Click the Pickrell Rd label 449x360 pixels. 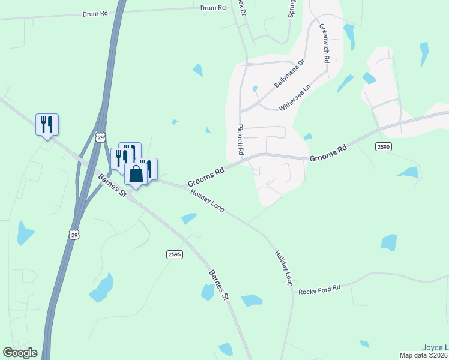tap(240, 140)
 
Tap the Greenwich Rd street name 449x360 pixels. tap(324, 44)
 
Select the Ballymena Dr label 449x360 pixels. tap(290, 74)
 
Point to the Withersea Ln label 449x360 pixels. tap(295, 97)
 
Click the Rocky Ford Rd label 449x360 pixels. tap(319, 289)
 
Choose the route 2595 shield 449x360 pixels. tap(174, 255)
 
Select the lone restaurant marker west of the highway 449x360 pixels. tap(47, 124)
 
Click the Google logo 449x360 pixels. tap(20, 353)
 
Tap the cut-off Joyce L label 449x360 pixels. tap(435, 347)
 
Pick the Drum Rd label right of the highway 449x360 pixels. tap(213, 8)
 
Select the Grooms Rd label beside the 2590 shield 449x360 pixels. tap(328, 153)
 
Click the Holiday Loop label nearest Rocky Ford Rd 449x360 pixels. tap(283, 268)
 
